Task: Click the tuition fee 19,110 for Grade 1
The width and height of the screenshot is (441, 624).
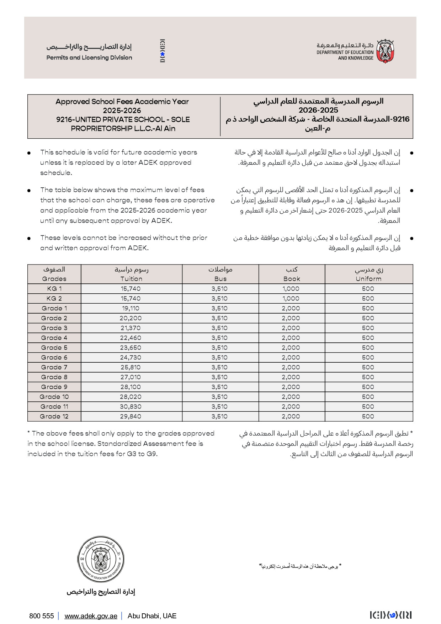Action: tap(131, 308)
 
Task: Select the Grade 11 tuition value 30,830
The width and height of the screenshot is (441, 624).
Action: tap(131, 406)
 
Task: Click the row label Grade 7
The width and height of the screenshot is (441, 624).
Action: tap(54, 367)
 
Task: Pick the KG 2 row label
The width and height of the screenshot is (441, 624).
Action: tap(54, 298)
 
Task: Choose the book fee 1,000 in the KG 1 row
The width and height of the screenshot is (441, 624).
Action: tap(291, 289)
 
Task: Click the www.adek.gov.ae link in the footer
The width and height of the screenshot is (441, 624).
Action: tap(91, 616)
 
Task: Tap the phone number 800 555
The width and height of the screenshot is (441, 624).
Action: tap(42, 616)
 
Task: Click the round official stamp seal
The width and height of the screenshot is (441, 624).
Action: tap(101, 560)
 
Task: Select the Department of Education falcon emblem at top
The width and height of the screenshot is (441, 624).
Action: tap(385, 52)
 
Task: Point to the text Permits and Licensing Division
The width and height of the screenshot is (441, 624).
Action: tap(89, 58)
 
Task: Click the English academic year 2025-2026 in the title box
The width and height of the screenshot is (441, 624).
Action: tap(122, 111)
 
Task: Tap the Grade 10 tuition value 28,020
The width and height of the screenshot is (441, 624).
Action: tap(131, 397)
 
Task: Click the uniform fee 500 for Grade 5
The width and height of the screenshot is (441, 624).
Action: tap(368, 348)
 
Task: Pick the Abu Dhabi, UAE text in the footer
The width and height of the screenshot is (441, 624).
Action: tap(152, 616)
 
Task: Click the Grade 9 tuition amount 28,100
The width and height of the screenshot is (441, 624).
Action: tap(131, 387)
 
